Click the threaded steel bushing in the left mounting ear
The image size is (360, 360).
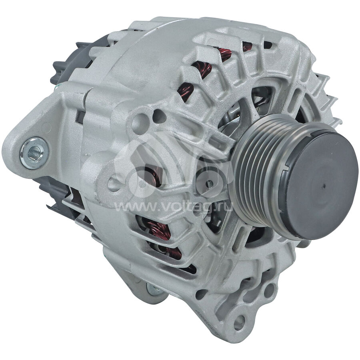(34, 153)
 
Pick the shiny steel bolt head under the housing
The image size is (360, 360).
(153, 289)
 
